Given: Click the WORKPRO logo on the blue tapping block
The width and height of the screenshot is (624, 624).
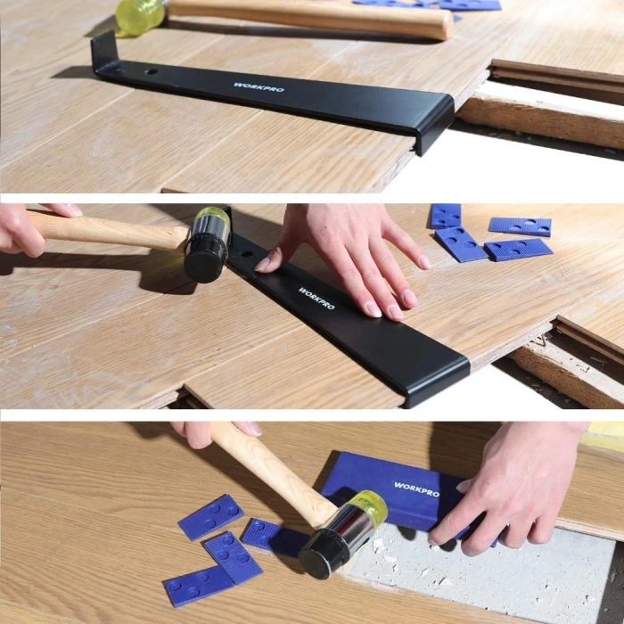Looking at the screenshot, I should click(416, 487).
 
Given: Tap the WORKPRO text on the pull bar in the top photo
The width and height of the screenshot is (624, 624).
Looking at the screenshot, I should click(251, 86).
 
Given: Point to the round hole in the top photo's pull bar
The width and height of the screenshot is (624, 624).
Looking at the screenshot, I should click(151, 70).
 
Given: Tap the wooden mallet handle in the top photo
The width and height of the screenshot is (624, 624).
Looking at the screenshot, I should click(312, 17).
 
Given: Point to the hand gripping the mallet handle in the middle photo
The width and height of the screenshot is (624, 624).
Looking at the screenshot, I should click(22, 227).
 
